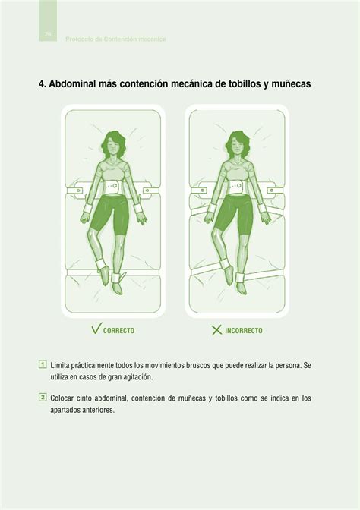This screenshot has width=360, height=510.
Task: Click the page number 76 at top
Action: click(x=48, y=35)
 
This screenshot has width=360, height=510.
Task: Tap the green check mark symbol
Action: click(x=96, y=329)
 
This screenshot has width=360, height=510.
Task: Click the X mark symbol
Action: click(x=216, y=330)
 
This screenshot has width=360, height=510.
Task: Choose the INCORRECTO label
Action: click(x=244, y=331)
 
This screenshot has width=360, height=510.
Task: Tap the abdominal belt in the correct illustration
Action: click(x=114, y=185)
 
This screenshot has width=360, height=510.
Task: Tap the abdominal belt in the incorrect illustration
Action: click(x=235, y=186)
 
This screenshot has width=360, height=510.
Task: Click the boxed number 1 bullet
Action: click(x=43, y=364)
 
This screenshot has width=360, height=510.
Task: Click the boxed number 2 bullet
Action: click(x=43, y=397)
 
